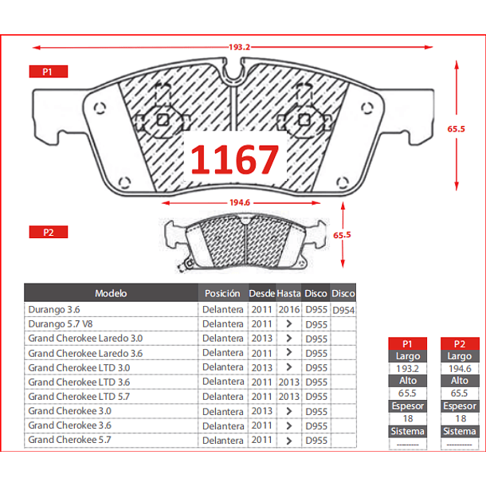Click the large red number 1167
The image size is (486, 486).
(x=234, y=159)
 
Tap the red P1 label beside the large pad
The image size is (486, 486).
(x=49, y=72)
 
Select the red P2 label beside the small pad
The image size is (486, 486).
(x=49, y=232)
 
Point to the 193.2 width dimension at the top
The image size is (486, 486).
(x=239, y=47)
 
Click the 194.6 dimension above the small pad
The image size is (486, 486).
(x=240, y=202)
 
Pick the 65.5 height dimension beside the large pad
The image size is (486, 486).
(x=456, y=128)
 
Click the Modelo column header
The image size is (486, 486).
(x=111, y=293)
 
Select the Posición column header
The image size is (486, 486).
(x=222, y=293)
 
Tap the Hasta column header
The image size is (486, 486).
(x=288, y=293)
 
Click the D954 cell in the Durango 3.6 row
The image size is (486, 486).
(x=343, y=310)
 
